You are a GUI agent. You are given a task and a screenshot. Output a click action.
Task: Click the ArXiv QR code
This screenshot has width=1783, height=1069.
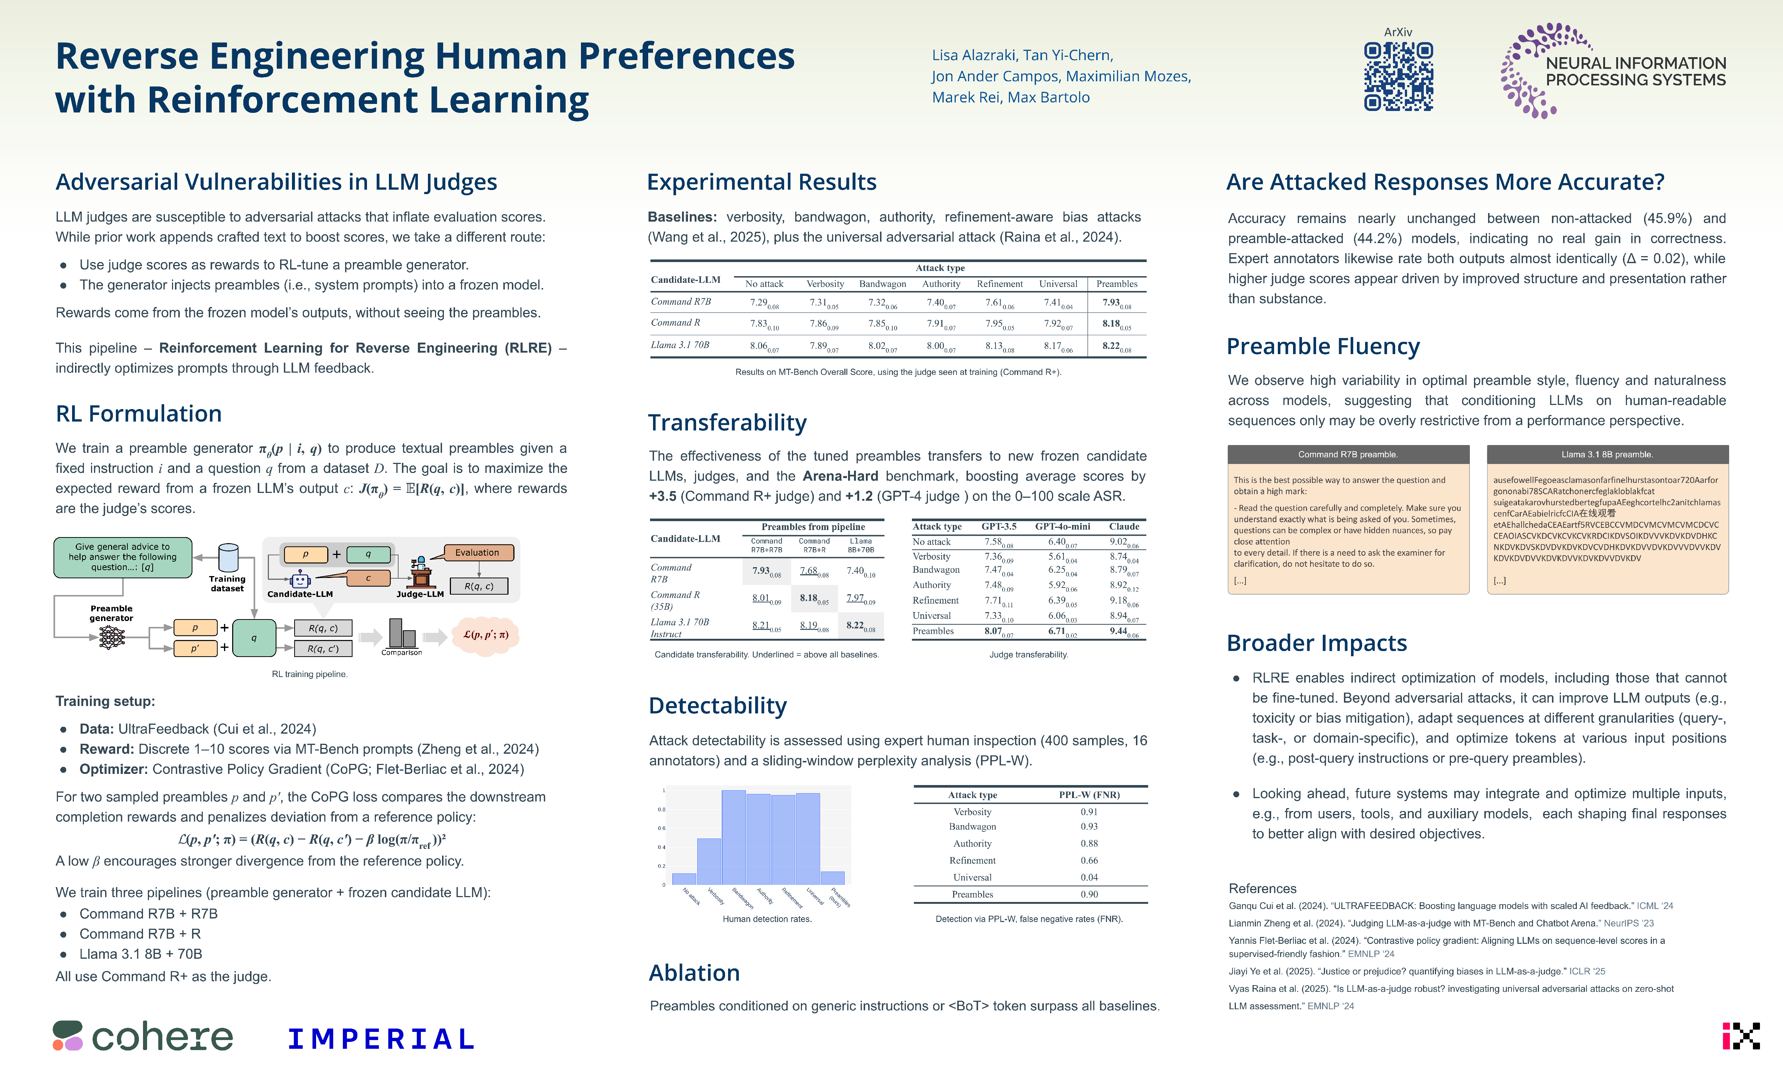pyautogui.click(x=1398, y=76)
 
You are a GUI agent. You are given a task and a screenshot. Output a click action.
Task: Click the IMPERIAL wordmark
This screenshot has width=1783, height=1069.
pyautogui.click(x=380, y=1039)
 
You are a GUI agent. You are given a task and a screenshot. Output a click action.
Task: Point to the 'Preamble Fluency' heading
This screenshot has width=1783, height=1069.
pyautogui.click(x=1322, y=346)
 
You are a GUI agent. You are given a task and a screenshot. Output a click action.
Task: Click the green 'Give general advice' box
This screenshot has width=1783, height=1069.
pyautogui.click(x=123, y=557)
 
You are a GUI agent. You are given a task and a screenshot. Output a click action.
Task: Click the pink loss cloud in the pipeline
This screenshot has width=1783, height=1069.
pyautogui.click(x=486, y=635)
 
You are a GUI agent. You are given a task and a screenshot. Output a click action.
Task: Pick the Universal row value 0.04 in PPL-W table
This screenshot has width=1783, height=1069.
pyautogui.click(x=1089, y=877)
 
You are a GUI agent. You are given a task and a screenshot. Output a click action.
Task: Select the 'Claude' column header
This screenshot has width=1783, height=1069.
pyautogui.click(x=1124, y=527)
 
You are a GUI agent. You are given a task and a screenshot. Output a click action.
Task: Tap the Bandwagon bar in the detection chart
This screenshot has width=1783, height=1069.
pyautogui.click(x=734, y=837)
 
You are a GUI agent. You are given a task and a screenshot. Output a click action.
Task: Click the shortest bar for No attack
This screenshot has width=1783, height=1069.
pyautogui.click(x=684, y=879)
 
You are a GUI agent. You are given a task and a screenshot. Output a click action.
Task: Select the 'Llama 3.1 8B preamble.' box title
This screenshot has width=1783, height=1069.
pyautogui.click(x=1607, y=455)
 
